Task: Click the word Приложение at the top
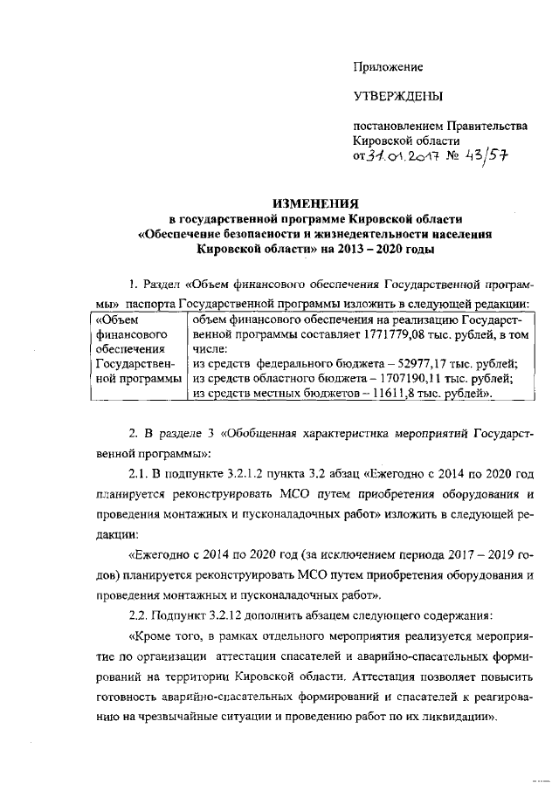(x=388, y=66)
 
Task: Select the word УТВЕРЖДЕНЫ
(x=397, y=96)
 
